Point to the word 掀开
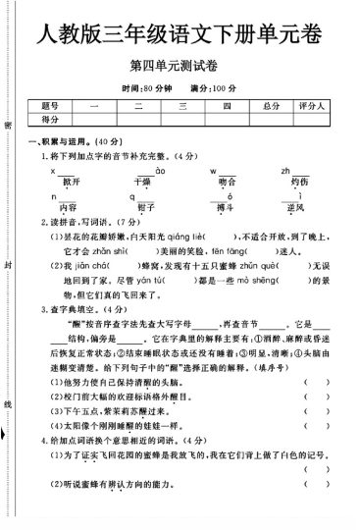click(68, 182)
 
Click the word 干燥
click(142, 182)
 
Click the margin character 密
click(9, 127)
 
